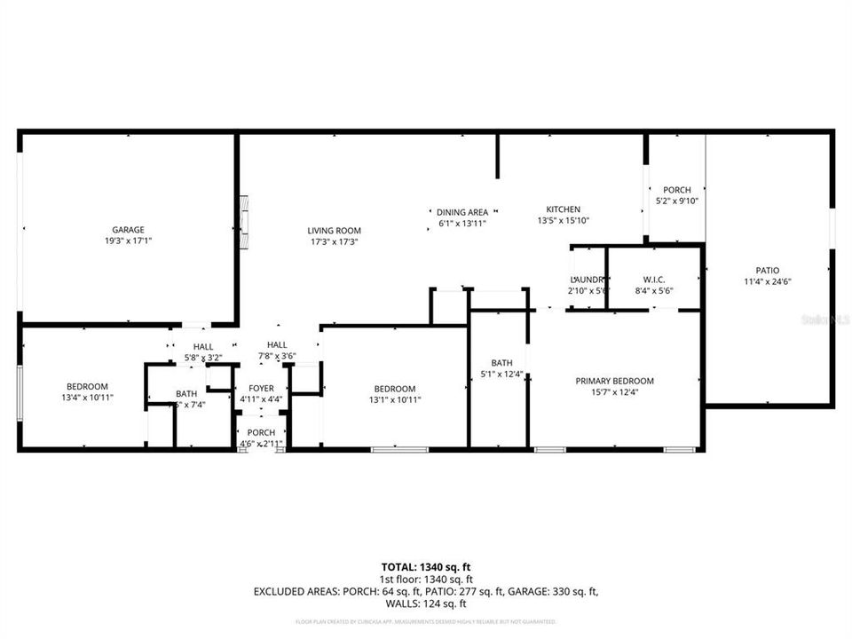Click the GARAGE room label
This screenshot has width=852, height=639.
(128, 229)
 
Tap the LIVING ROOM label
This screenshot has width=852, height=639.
(335, 231)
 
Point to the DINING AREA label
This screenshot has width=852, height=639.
(462, 212)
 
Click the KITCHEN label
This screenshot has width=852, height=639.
(564, 209)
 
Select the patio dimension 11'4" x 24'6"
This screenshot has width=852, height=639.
(768, 281)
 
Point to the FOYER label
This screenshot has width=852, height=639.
(261, 389)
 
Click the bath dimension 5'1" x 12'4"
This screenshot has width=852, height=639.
(501, 374)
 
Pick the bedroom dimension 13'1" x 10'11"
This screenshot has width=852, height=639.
(394, 399)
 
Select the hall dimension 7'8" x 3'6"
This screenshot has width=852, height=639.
(277, 357)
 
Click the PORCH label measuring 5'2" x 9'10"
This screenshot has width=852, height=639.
(677, 190)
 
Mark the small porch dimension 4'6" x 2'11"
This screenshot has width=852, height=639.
(261, 443)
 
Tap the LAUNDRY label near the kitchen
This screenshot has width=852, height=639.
(587, 279)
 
